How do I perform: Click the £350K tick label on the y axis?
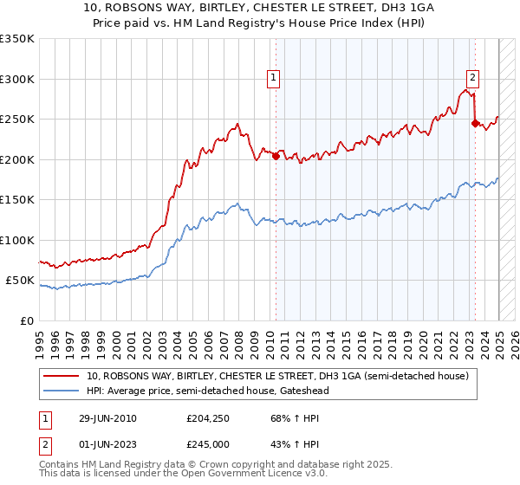click(17, 39)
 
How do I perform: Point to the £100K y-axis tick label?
click(17, 240)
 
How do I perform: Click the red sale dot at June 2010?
click(276, 157)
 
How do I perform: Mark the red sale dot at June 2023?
click(475, 124)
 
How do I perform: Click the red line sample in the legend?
click(62, 377)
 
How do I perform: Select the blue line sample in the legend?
click(62, 391)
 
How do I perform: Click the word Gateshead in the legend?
click(301, 391)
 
